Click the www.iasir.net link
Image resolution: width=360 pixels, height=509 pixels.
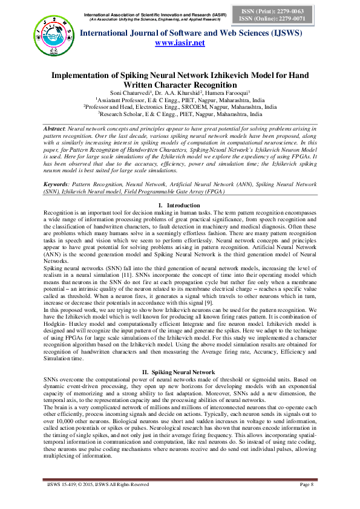[x=180, y=44]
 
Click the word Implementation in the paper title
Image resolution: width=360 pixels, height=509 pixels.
[x=84, y=76]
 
